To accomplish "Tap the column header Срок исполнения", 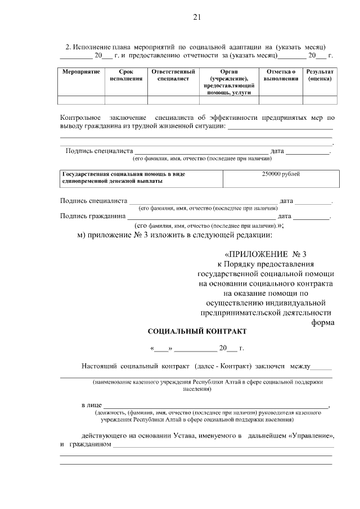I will [x=126, y=76].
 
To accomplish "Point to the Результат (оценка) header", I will [x=319, y=76].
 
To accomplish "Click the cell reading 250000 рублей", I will [x=281, y=174].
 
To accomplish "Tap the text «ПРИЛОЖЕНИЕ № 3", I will [x=266, y=254].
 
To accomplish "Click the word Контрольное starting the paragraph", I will [x=81, y=118].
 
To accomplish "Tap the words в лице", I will [x=91, y=405].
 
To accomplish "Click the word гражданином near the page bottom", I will [x=88, y=445].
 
